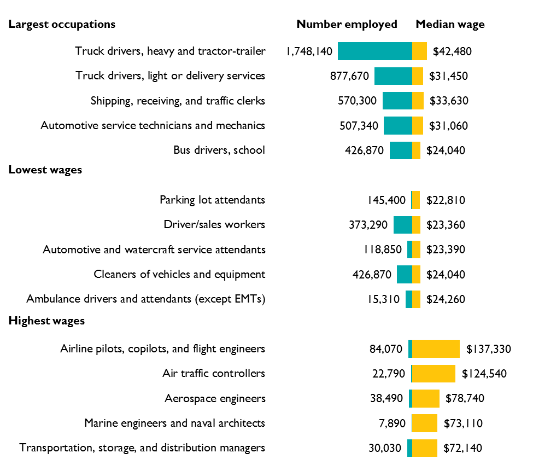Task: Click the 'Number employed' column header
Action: (347, 25)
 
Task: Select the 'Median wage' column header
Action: (450, 25)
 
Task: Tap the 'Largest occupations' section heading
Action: (62, 25)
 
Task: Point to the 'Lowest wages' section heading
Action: (45, 170)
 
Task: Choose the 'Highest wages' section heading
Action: (46, 321)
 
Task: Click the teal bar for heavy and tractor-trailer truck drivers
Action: (374, 51)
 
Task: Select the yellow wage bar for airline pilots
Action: (436, 349)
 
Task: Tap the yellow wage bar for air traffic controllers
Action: (434, 374)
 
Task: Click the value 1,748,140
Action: (309, 51)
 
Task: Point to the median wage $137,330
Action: (488, 349)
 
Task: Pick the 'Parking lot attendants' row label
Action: (212, 200)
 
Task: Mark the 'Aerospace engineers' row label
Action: (215, 398)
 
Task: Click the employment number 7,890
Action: (389, 423)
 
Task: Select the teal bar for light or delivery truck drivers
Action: (393, 76)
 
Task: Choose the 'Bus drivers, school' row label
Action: (219, 150)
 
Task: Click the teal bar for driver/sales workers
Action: (402, 225)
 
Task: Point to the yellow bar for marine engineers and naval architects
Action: (424, 423)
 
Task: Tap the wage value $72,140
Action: (464, 448)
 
